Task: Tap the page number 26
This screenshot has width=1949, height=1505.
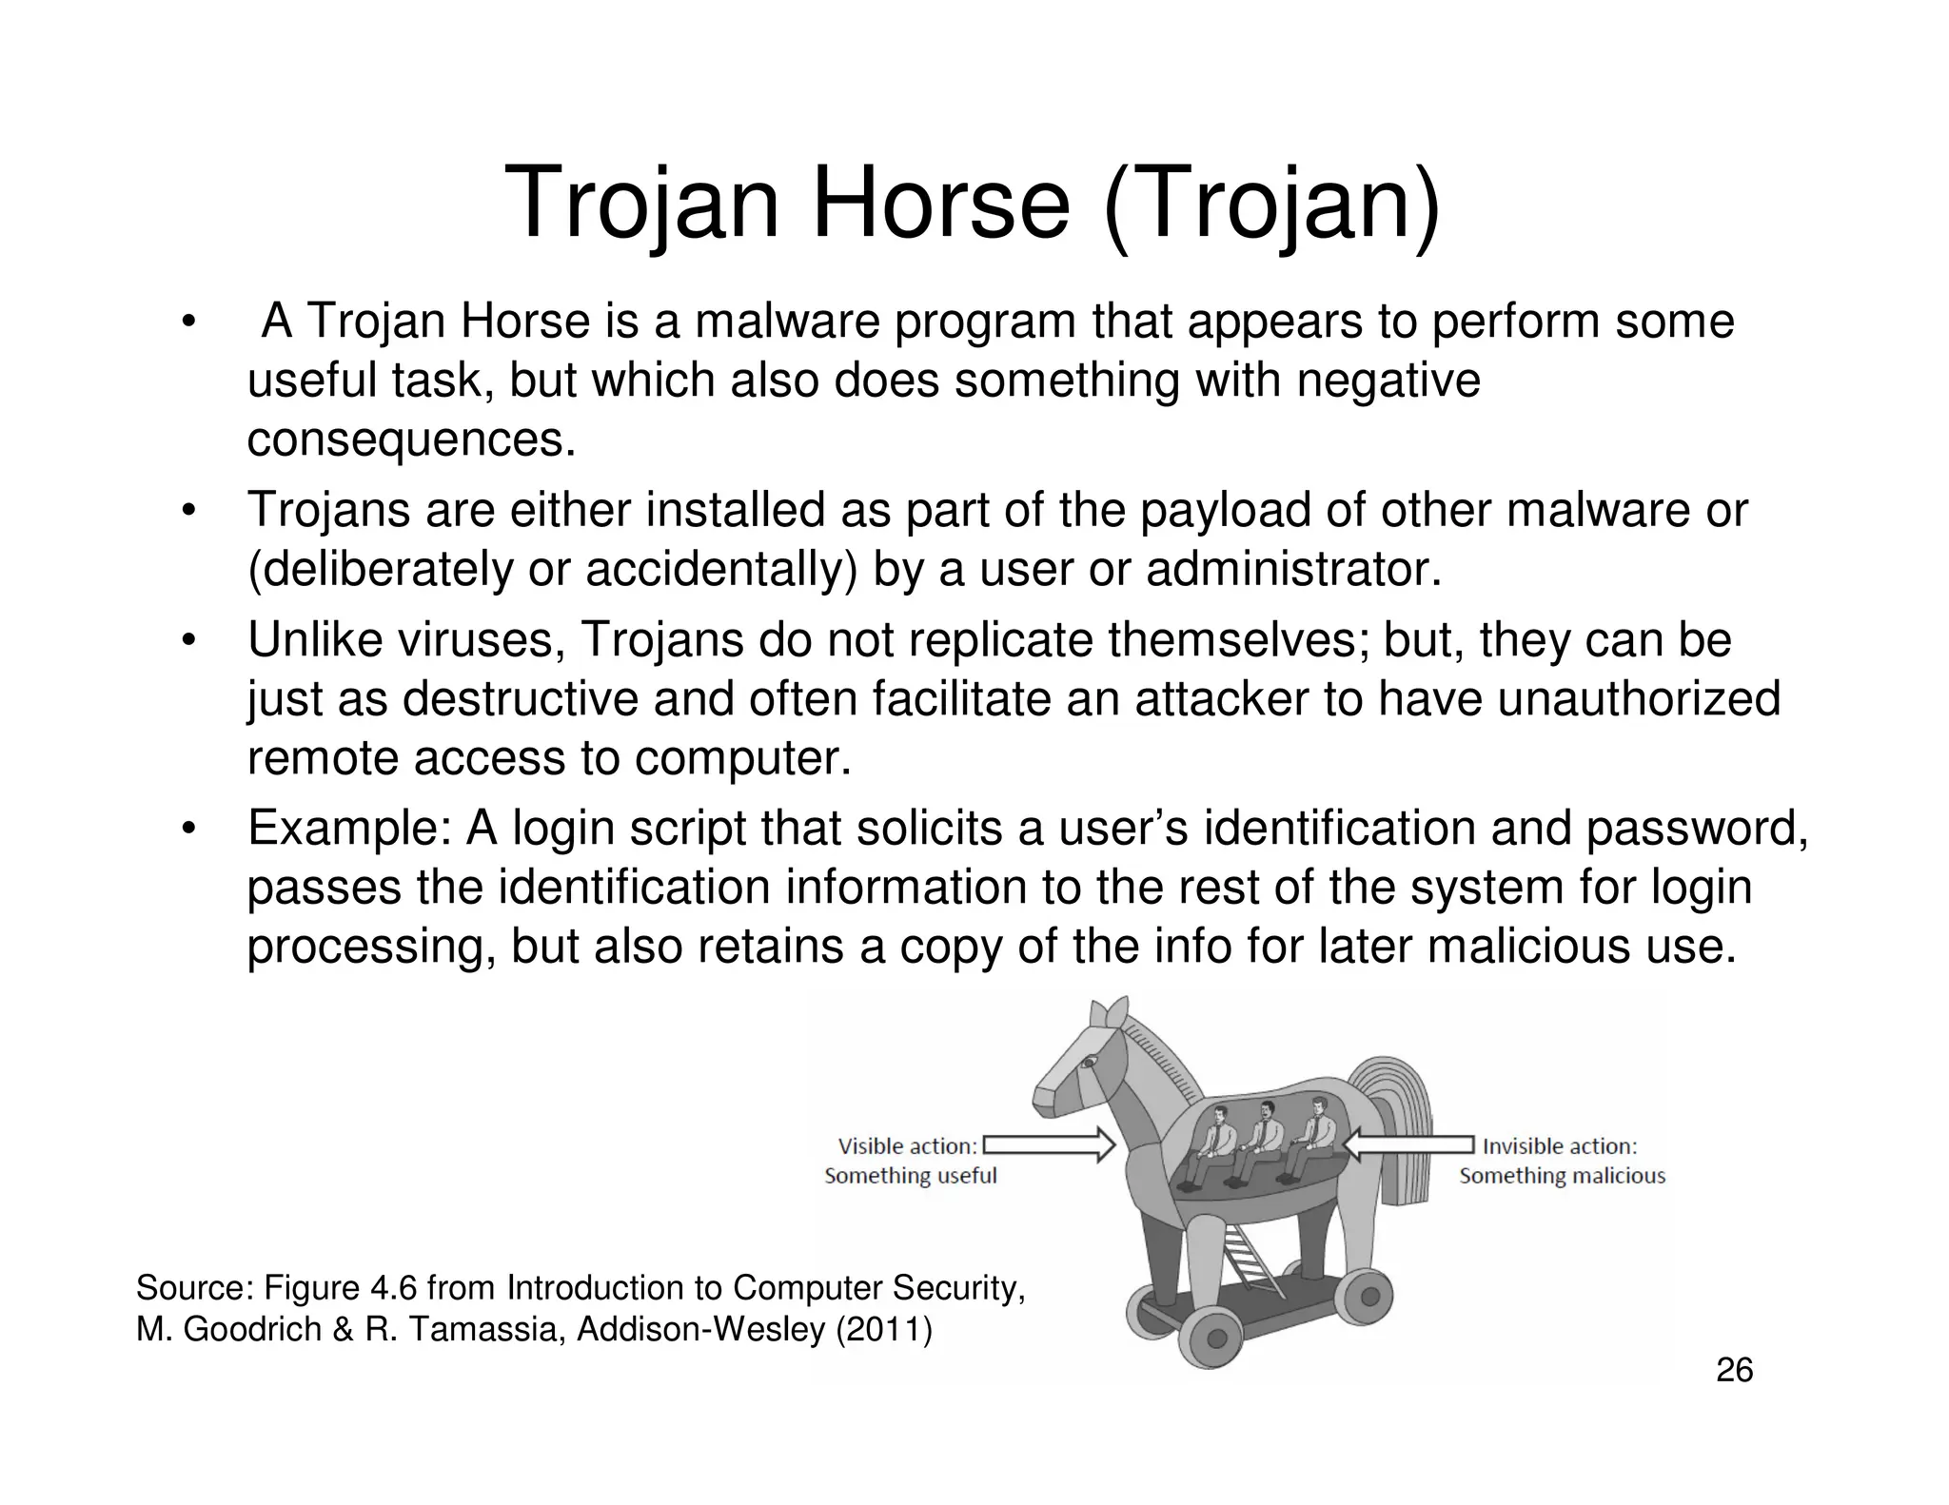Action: click(1734, 1371)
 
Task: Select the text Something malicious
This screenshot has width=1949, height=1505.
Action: click(1562, 1176)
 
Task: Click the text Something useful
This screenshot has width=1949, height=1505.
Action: click(910, 1176)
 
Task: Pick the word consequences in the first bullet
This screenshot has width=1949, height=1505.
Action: click(411, 440)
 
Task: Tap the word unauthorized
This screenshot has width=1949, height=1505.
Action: click(1638, 698)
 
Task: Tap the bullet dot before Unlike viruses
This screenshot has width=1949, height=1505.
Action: click(189, 640)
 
